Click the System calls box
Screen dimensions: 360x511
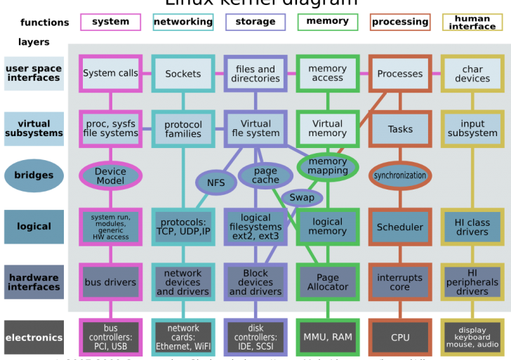(110, 73)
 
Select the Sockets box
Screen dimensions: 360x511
(183, 73)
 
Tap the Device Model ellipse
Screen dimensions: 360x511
(110, 175)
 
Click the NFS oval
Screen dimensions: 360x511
(215, 183)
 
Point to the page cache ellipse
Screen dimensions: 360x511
(265, 175)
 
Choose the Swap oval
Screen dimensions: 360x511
(302, 197)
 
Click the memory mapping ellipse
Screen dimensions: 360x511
(327, 166)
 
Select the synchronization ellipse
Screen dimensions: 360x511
(400, 175)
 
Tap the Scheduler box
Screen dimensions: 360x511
(400, 227)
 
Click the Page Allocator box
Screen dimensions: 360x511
(327, 282)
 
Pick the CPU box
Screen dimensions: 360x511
(400, 338)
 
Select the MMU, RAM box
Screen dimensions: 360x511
(327, 338)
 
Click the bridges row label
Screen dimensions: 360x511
(34, 175)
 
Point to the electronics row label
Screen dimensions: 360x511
(34, 338)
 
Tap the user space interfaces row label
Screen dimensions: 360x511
(34, 73)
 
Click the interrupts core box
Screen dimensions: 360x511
(400, 282)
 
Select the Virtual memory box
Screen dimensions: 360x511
(327, 128)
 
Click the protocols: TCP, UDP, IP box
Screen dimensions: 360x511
(183, 227)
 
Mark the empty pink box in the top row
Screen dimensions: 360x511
(110, 22)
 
